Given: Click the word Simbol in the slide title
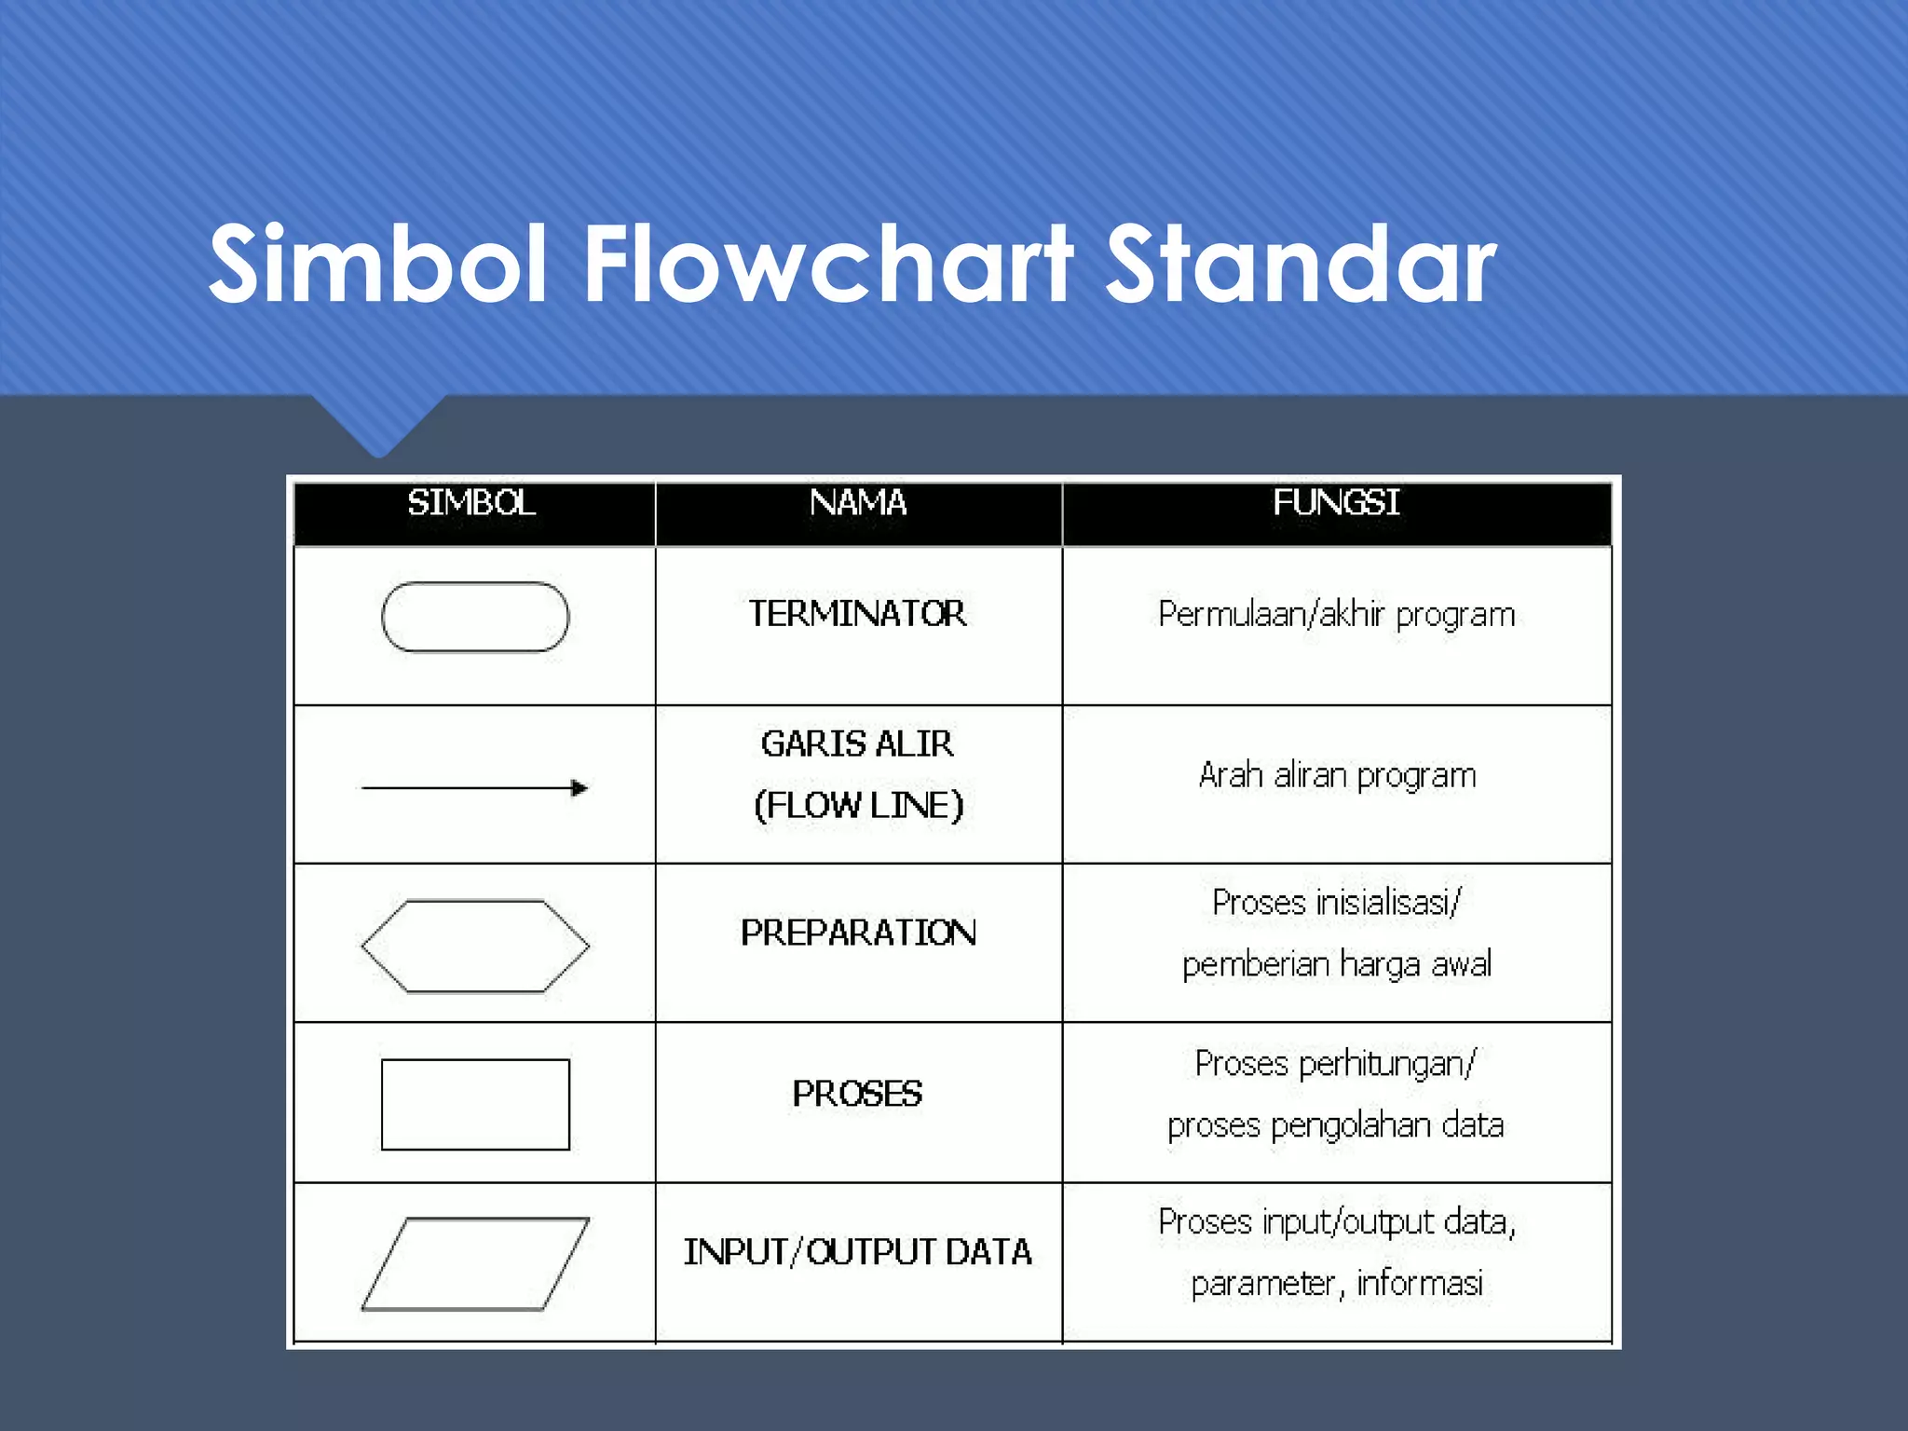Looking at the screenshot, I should (x=377, y=265).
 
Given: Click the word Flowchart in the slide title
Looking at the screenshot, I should (x=828, y=265).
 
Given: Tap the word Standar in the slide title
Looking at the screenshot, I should (x=1301, y=265).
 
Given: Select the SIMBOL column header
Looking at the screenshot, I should (x=472, y=504).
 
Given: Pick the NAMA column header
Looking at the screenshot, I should (x=858, y=504).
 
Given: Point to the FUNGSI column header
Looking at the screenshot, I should (x=1336, y=504).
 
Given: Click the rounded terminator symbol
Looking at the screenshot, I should (x=475, y=617).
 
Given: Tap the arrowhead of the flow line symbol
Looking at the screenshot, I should (x=579, y=788).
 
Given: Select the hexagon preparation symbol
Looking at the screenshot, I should (x=475, y=946).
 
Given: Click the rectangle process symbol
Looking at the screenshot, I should (x=475, y=1104).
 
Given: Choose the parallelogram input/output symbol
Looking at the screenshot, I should (x=475, y=1263).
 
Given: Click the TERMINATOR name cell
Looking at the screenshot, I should (x=858, y=614).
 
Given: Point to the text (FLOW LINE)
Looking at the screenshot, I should (x=858, y=806).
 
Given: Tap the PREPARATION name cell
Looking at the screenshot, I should (x=858, y=933).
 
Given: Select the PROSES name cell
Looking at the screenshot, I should (x=858, y=1094).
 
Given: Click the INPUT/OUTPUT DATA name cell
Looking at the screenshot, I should (x=858, y=1252).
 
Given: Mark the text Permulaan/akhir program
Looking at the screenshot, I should (x=1337, y=615).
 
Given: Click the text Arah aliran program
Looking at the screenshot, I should (x=1337, y=775).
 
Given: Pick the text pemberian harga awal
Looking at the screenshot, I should (x=1337, y=964).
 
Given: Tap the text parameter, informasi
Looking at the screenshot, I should (x=1337, y=1284).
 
